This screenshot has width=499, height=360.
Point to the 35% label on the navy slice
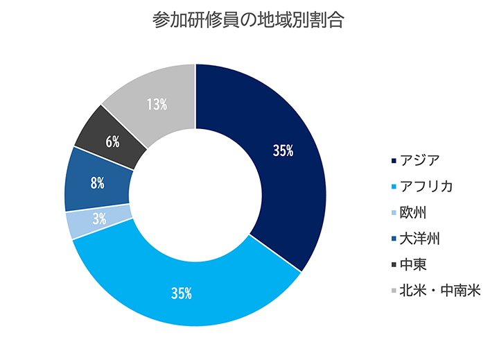point(283,151)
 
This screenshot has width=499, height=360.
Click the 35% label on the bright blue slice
point(182,293)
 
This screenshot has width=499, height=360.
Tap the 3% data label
point(99,218)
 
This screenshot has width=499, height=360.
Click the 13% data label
point(157,105)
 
